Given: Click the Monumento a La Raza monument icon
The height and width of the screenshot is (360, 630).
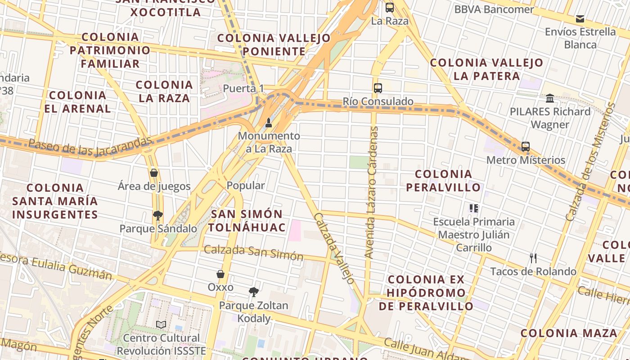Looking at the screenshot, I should pyautogui.click(x=269, y=122).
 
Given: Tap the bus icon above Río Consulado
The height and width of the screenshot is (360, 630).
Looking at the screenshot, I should pyautogui.click(x=378, y=88).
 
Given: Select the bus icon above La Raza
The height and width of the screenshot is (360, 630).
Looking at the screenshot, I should pyautogui.click(x=390, y=8).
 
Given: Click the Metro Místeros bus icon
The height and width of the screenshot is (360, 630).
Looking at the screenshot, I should pyautogui.click(x=526, y=147).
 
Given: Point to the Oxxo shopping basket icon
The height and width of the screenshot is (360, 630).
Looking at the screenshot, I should pyautogui.click(x=220, y=274).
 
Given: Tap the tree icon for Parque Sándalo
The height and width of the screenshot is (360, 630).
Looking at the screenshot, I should pyautogui.click(x=158, y=216).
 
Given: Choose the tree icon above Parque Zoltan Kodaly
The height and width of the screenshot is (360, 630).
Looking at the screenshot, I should pyautogui.click(x=254, y=292).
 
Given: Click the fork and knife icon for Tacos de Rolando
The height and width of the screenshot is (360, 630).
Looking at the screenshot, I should pyautogui.click(x=533, y=258).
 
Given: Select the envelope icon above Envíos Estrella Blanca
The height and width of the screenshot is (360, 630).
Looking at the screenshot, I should pyautogui.click(x=580, y=19).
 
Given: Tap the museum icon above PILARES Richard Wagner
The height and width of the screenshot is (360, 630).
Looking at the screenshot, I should pyautogui.click(x=550, y=98).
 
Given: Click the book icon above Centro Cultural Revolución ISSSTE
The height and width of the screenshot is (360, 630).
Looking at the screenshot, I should pyautogui.click(x=161, y=324).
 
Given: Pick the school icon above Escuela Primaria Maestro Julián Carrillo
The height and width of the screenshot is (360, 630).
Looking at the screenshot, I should pyautogui.click(x=474, y=208).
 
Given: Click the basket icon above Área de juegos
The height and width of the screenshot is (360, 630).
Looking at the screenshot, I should pyautogui.click(x=154, y=173).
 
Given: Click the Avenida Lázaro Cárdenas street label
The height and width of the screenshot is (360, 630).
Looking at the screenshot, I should pyautogui.click(x=372, y=193).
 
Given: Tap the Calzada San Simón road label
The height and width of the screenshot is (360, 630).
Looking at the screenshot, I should pyautogui.click(x=254, y=252).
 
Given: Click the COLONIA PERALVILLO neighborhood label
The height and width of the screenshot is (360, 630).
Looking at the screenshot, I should pyautogui.click(x=444, y=180).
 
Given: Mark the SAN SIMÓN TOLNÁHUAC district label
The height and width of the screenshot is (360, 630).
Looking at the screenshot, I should pyautogui.click(x=247, y=220).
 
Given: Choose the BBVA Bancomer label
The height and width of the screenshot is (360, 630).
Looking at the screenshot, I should pyautogui.click(x=494, y=9).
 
